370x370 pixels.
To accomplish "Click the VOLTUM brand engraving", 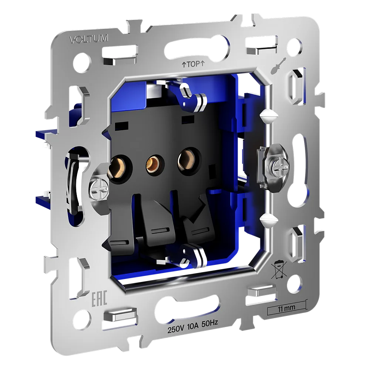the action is pos(89,39).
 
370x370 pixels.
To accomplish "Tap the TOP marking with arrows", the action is pos(193,64).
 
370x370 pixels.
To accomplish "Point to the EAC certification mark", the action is pos(99,299).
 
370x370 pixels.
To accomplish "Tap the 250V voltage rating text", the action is pos(175,329).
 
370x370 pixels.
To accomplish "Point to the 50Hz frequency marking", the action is pos(210,323).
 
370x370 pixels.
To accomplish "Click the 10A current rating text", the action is pos(193,326).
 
